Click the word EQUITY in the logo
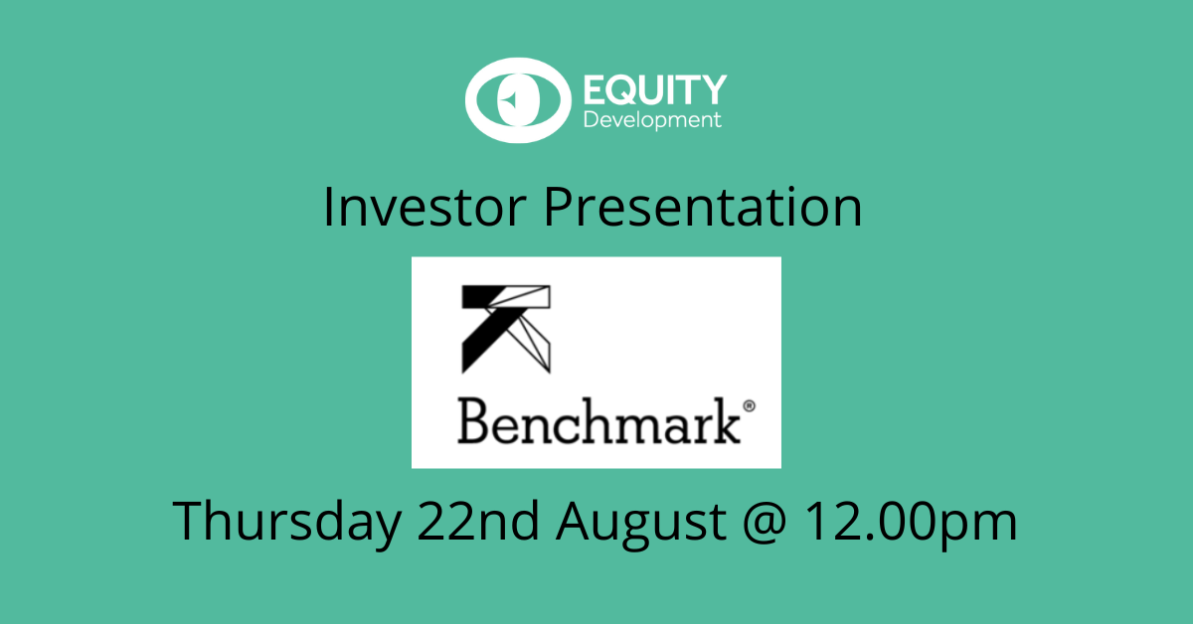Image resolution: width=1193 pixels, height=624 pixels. [655, 89]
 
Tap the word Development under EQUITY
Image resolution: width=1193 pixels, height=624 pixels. [652, 120]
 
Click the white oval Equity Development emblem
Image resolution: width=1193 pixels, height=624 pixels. [518, 100]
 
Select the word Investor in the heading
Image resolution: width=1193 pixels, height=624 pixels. [425, 207]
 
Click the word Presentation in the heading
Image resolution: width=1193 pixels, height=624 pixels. [703, 207]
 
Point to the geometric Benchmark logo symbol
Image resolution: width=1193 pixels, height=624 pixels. [506, 329]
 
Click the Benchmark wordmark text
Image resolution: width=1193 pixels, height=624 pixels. [599, 420]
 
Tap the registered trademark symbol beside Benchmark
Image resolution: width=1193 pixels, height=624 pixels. [749, 406]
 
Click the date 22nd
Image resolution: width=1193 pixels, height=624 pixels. [478, 521]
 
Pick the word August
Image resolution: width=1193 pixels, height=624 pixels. [641, 524]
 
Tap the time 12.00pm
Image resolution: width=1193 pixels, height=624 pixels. [912, 524]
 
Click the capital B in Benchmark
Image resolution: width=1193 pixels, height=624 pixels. [473, 420]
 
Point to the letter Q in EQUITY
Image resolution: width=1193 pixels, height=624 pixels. [624, 90]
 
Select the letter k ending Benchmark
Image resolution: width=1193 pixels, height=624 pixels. [727, 420]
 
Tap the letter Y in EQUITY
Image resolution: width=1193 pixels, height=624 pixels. [714, 89]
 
